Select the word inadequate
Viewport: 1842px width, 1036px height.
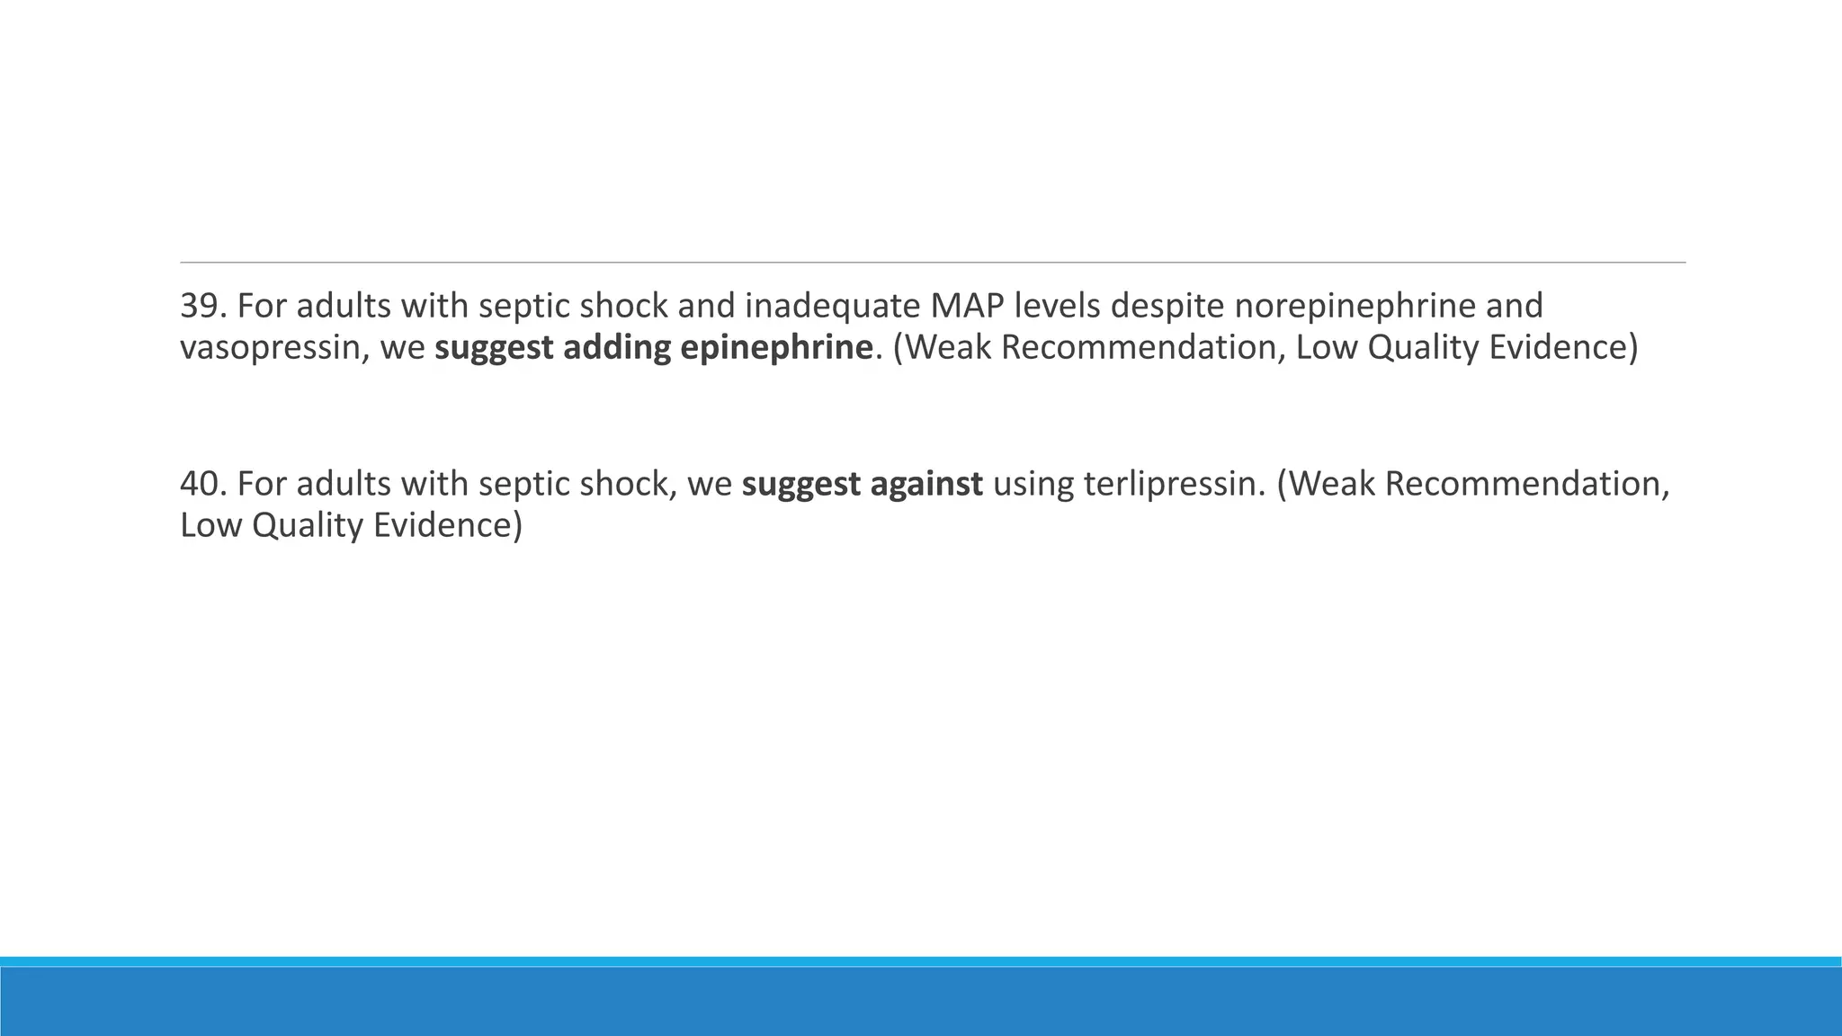tap(832, 307)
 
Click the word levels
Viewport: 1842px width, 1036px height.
tap(1057, 307)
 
